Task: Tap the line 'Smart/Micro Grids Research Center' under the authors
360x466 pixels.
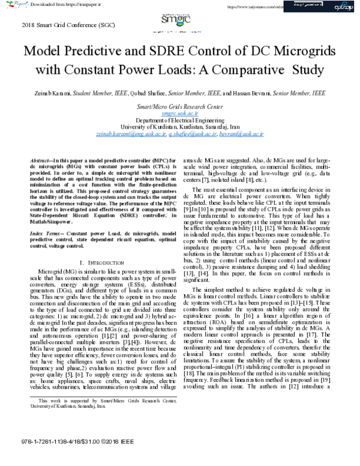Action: [x=179, y=106]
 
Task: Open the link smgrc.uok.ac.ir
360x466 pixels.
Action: [x=179, y=113]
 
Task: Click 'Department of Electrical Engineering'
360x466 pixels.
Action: [x=179, y=120]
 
